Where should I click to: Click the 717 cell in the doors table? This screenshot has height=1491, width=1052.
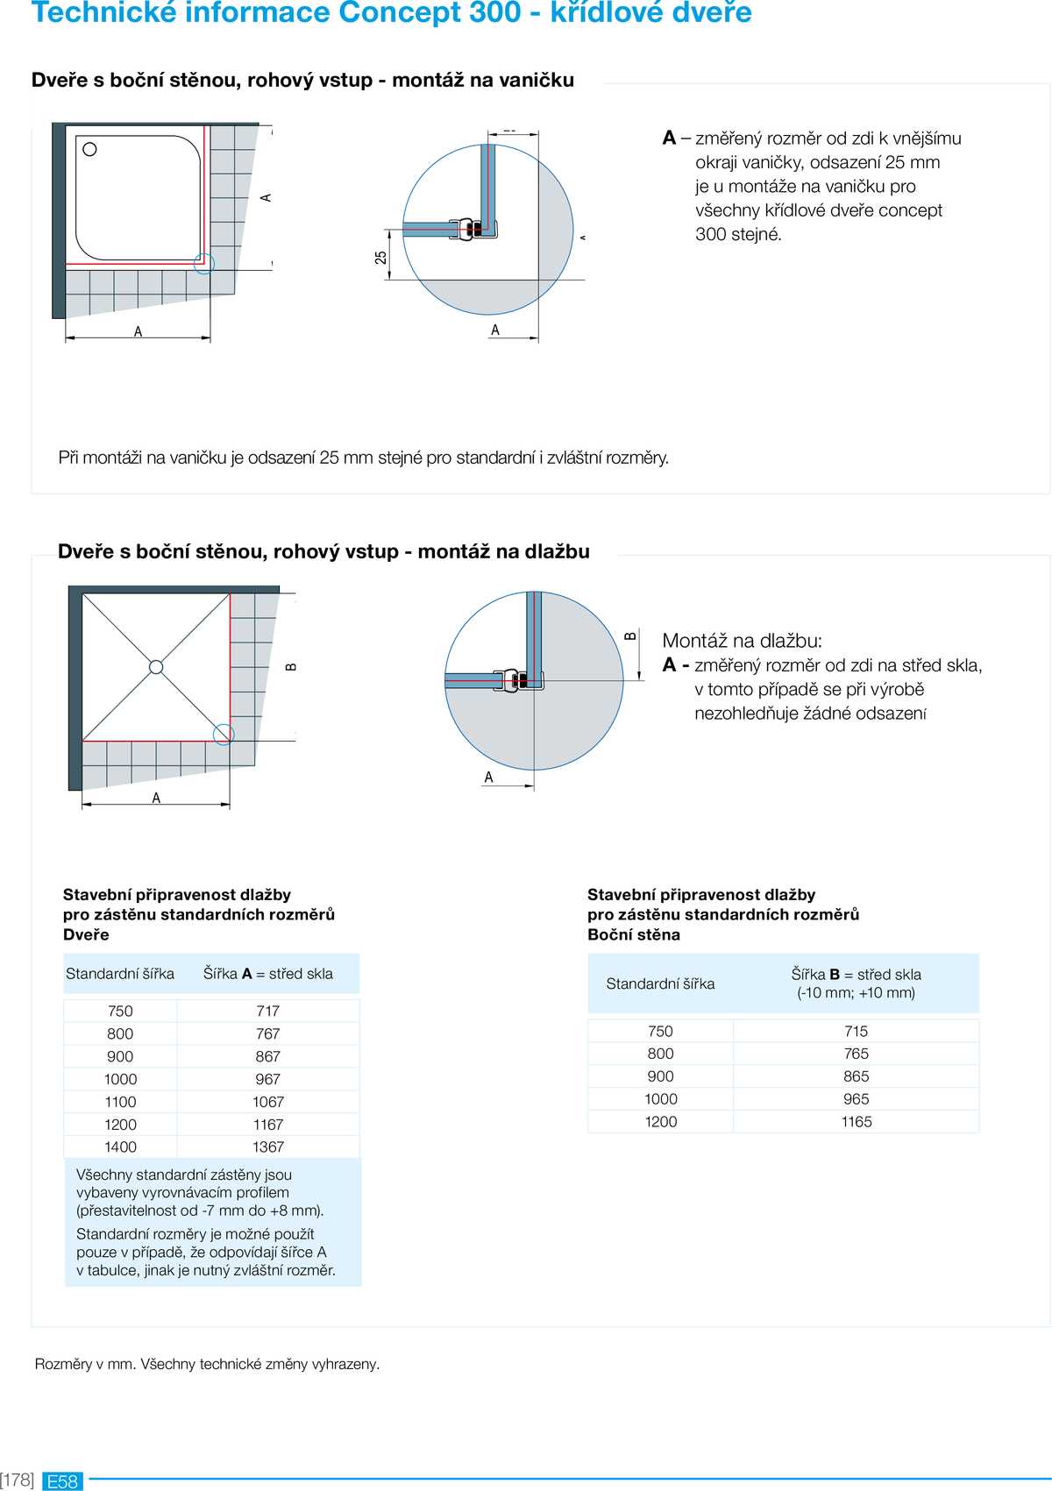click(268, 1011)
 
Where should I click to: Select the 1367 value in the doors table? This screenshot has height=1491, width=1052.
click(268, 1147)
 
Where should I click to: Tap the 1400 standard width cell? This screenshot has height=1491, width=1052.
click(120, 1147)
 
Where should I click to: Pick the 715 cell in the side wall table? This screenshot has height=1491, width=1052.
click(856, 1031)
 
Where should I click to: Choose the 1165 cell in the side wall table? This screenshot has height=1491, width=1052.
click(856, 1121)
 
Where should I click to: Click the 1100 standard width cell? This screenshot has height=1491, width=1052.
click(120, 1102)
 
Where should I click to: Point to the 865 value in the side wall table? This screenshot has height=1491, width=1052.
click(856, 1076)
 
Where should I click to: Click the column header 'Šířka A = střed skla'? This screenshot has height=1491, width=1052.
click(268, 974)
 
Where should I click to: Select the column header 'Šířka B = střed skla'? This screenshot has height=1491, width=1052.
click(856, 975)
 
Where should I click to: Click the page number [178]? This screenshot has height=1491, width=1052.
click(18, 1480)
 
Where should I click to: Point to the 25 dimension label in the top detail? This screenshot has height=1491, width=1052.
click(380, 258)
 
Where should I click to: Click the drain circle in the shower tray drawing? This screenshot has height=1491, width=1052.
click(89, 150)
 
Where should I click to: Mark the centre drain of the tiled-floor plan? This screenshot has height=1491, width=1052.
click(156, 667)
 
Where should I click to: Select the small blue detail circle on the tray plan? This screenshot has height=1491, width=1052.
click(203, 263)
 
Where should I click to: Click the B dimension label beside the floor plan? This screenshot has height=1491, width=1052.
click(291, 667)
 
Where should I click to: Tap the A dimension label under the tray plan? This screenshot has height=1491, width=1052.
click(138, 331)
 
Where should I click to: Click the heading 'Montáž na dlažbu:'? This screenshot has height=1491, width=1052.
click(742, 641)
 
